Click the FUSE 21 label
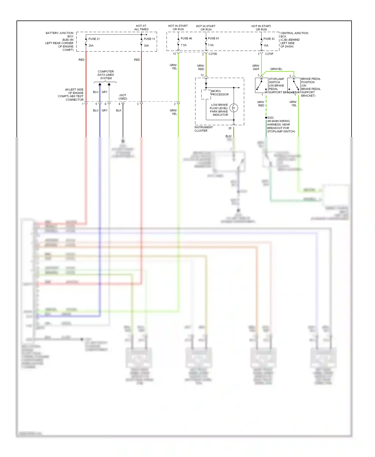[94, 39]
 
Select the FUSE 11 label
[149, 39]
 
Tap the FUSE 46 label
[186, 38]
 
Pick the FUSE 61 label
[213, 38]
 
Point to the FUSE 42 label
[269, 39]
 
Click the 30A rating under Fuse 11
[146, 45]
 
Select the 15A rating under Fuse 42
[266, 45]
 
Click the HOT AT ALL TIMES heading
[141, 27]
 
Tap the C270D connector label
[213, 54]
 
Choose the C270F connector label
[269, 54]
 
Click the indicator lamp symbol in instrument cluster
[234, 108]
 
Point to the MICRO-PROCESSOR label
[219, 93]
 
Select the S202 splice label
[270, 117]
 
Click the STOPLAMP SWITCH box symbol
[261, 85]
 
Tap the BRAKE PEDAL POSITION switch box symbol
[294, 85]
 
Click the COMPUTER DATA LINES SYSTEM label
[106, 75]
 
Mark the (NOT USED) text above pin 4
[123, 97]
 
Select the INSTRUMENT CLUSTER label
[203, 129]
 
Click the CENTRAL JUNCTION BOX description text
[294, 39]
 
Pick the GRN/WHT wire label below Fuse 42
[256, 67]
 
